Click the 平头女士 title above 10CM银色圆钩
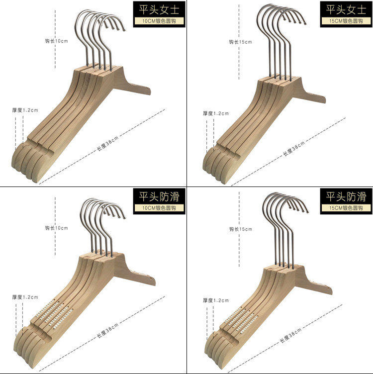(x=159, y=10)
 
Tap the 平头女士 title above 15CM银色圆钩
(x=346, y=10)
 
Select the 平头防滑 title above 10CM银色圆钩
(x=159, y=197)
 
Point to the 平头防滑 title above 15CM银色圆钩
(x=346, y=197)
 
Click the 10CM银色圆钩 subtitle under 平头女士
(x=159, y=21)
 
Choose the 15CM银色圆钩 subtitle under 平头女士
(x=346, y=21)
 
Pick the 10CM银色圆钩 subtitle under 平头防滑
(x=159, y=208)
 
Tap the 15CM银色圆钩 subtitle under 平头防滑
(x=346, y=208)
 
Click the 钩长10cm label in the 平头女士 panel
(x=57, y=41)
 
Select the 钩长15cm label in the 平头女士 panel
(x=240, y=42)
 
